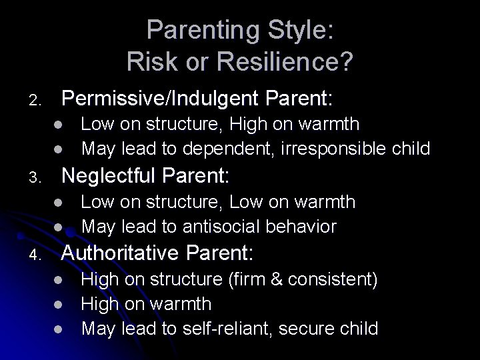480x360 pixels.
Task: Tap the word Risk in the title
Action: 149,62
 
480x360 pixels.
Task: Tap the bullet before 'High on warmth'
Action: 59,305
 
